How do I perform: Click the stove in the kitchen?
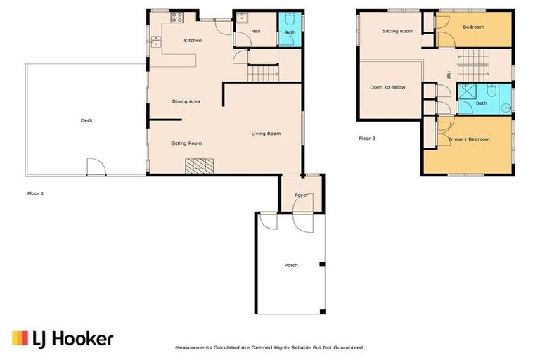tap(176, 18)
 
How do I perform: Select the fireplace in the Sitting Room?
tap(199, 166)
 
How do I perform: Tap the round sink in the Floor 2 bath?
tap(506, 108)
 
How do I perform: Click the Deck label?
tap(86, 120)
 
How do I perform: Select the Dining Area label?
tap(186, 101)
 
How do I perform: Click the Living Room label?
tap(266, 134)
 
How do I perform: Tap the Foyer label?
tap(302, 195)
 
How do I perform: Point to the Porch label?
tap(291, 265)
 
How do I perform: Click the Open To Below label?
tap(388, 87)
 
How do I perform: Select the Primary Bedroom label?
tap(469, 139)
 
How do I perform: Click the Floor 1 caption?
tap(35, 193)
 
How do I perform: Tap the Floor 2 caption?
tap(367, 139)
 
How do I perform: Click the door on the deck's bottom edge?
tap(96, 168)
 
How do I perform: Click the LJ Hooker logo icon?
tap(20, 338)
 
